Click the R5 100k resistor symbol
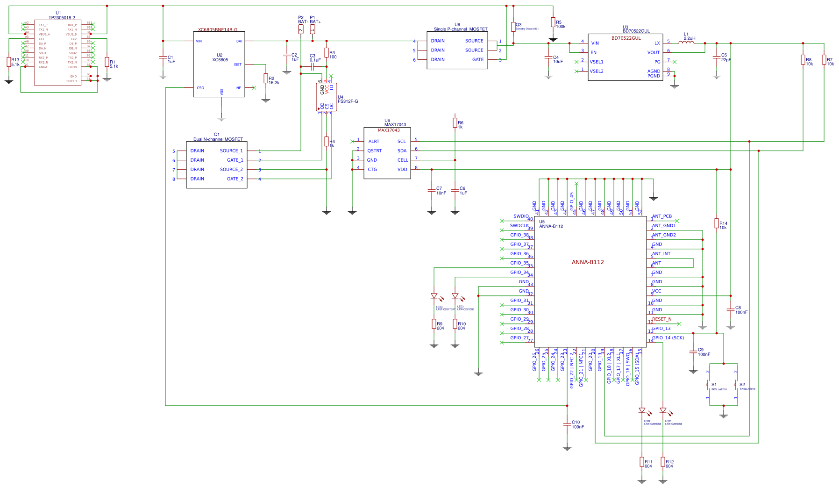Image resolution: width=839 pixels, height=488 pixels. [x=553, y=22]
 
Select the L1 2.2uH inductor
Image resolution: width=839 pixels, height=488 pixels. [x=686, y=43]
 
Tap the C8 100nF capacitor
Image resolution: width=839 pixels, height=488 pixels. [x=730, y=309]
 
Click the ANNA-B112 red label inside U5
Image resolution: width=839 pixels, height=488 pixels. [x=588, y=262]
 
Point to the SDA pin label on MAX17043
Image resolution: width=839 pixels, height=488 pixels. [x=402, y=151]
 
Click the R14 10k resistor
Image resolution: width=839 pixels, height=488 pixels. [x=716, y=223]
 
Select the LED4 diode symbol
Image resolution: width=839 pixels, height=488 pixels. [x=434, y=296]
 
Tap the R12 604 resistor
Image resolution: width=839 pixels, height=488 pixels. [x=662, y=462]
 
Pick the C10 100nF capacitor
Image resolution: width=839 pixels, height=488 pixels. [x=567, y=424]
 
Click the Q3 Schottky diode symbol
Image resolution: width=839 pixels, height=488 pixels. [x=513, y=26]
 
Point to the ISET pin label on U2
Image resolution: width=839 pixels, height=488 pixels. [x=237, y=65]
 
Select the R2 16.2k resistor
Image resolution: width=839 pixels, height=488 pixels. [x=265, y=79]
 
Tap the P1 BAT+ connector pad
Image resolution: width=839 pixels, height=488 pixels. [x=313, y=29]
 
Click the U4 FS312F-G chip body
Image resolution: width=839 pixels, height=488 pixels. [x=327, y=97]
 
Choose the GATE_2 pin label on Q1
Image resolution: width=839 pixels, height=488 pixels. [x=235, y=179]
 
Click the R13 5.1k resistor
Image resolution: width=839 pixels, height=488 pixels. [x=8, y=62]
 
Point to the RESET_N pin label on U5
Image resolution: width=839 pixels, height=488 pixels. [x=661, y=319]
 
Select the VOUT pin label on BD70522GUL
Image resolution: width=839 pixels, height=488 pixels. [x=653, y=52]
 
